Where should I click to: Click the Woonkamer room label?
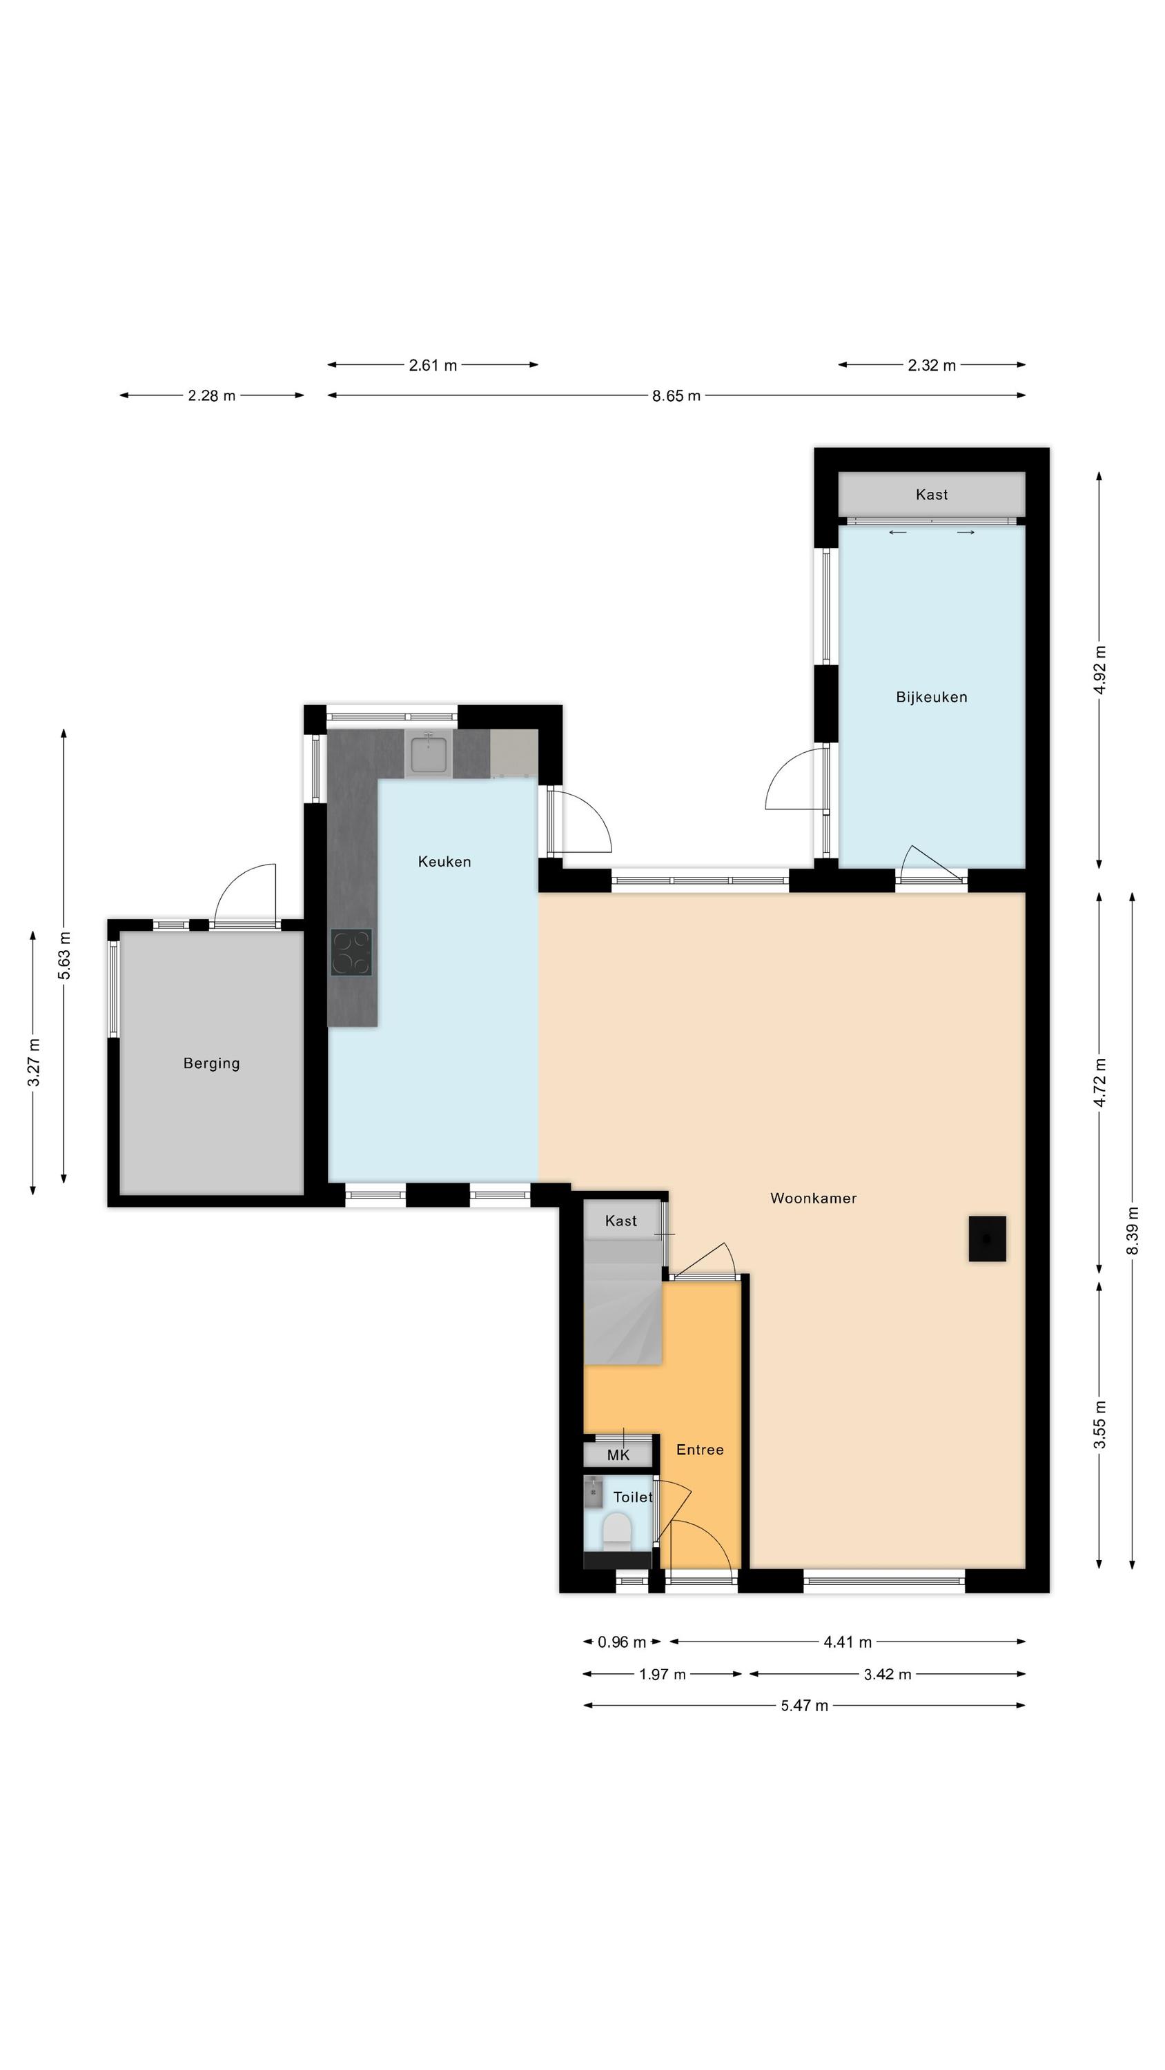click(x=813, y=1198)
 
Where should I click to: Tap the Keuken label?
click(x=444, y=861)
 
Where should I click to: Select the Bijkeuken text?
click(x=932, y=697)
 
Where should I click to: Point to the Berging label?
click(x=211, y=1063)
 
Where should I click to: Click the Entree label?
click(x=699, y=1450)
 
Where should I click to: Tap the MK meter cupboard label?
click(x=618, y=1455)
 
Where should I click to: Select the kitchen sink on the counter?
click(x=429, y=753)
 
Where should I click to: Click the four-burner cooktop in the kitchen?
click(x=351, y=952)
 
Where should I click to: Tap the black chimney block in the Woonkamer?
click(x=988, y=1239)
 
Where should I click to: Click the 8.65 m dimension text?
click(x=676, y=395)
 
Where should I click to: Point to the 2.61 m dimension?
click(x=433, y=365)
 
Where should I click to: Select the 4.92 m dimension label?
click(x=1101, y=669)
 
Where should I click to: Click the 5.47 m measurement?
click(x=804, y=1705)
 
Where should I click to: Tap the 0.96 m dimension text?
click(x=621, y=1642)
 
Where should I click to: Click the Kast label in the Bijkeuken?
click(x=932, y=494)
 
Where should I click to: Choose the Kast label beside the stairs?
click(x=620, y=1221)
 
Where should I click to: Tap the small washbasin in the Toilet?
click(x=594, y=1490)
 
